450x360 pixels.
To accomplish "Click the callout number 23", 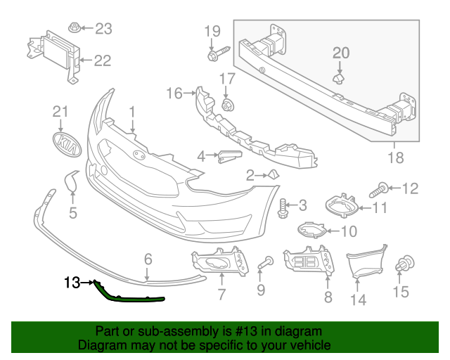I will [103, 29].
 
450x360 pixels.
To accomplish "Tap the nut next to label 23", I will [73, 29].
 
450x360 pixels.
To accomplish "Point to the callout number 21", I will [62, 112].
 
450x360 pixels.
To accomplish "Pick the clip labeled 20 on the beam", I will [338, 79].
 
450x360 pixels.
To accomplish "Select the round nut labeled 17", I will [227, 106].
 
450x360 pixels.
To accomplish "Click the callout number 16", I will [174, 93].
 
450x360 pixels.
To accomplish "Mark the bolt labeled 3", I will [284, 207].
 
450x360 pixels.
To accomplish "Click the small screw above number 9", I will [265, 263].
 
